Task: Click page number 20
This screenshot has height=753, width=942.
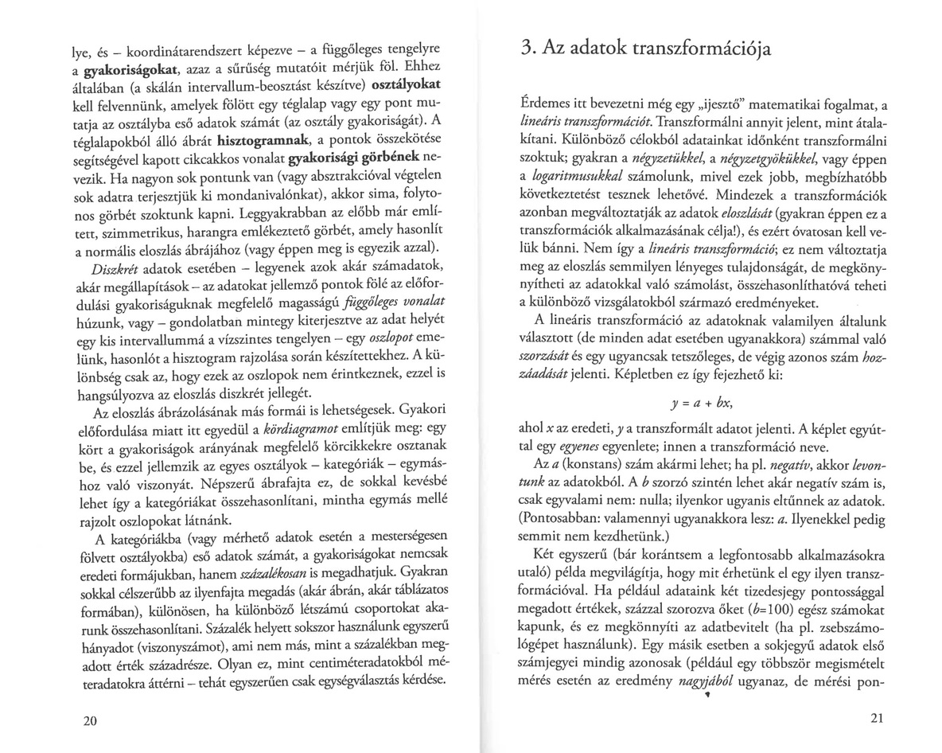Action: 89,721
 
